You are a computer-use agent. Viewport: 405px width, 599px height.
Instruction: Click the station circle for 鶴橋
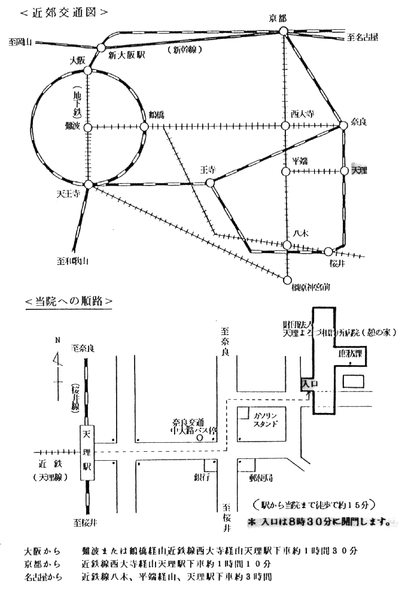click(x=144, y=127)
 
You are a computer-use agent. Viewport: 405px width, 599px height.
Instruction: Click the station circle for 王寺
click(x=210, y=183)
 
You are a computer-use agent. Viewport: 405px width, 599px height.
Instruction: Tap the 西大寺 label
click(x=302, y=114)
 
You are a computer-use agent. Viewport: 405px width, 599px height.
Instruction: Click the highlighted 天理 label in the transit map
click(x=359, y=171)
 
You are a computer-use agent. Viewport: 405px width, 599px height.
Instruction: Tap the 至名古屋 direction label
click(x=363, y=38)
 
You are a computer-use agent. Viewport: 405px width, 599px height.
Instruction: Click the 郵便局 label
click(x=261, y=478)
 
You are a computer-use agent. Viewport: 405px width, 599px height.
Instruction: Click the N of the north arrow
click(x=57, y=340)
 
